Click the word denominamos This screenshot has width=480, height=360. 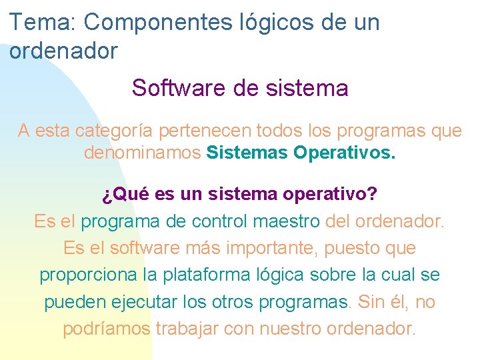[143, 153]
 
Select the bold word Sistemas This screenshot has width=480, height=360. [247, 153]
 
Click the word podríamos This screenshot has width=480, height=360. [107, 329]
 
